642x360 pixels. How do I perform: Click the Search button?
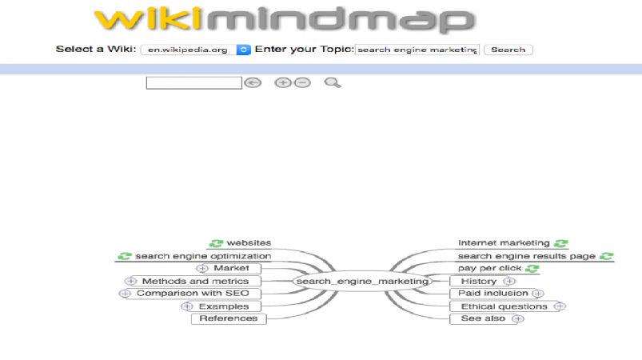(508, 50)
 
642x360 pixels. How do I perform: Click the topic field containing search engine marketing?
(417, 50)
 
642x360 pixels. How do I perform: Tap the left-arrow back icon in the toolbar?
(253, 82)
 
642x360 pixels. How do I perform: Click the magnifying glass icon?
(333, 82)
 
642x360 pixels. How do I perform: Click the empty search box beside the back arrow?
(194, 82)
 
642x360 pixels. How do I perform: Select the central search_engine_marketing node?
(362, 282)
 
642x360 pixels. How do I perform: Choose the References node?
(229, 318)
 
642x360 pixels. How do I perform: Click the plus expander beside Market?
(201, 269)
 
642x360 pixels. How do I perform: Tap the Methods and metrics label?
(195, 282)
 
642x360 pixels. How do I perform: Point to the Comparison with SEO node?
(193, 294)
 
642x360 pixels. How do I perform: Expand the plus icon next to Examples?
(187, 306)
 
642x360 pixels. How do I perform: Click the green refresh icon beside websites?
(216, 243)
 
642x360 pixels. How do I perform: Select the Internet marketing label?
(504, 243)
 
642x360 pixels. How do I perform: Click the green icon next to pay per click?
(532, 269)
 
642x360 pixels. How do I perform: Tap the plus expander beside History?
(509, 282)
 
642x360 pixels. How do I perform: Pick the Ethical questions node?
(504, 306)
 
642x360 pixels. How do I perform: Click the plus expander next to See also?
(518, 318)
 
